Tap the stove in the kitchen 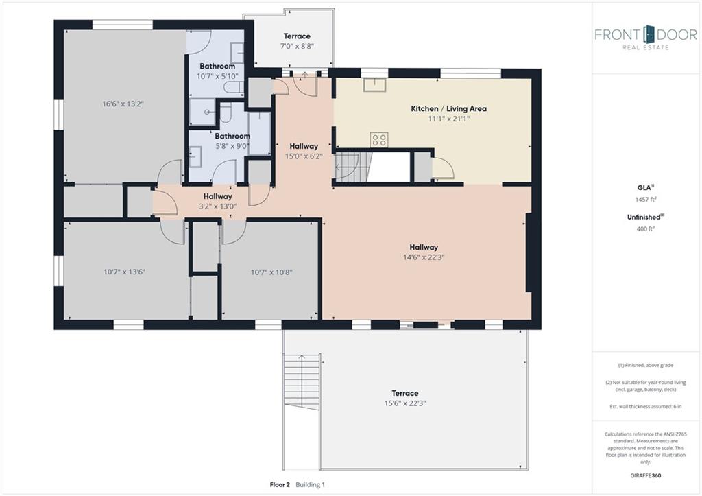pos(378,140)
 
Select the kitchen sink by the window pos(374,84)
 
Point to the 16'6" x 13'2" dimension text pos(123,104)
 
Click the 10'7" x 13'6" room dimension pos(125,272)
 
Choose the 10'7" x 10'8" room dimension pos(271,272)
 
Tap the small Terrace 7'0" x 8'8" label pos(297,40)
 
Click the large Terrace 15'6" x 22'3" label pos(404,398)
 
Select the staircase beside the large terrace pos(302,381)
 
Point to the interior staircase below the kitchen pos(353,166)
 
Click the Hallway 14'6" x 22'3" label pos(424,252)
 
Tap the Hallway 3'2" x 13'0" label pos(217,201)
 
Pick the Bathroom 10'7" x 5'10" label pos(217,71)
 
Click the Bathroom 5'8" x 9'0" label pos(232,141)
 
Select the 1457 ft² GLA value pos(645,199)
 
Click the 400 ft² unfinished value pos(645,228)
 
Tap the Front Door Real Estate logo pos(646,38)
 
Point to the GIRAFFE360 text pos(645,475)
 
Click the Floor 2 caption pos(280,484)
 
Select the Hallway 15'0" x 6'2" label pos(304,151)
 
